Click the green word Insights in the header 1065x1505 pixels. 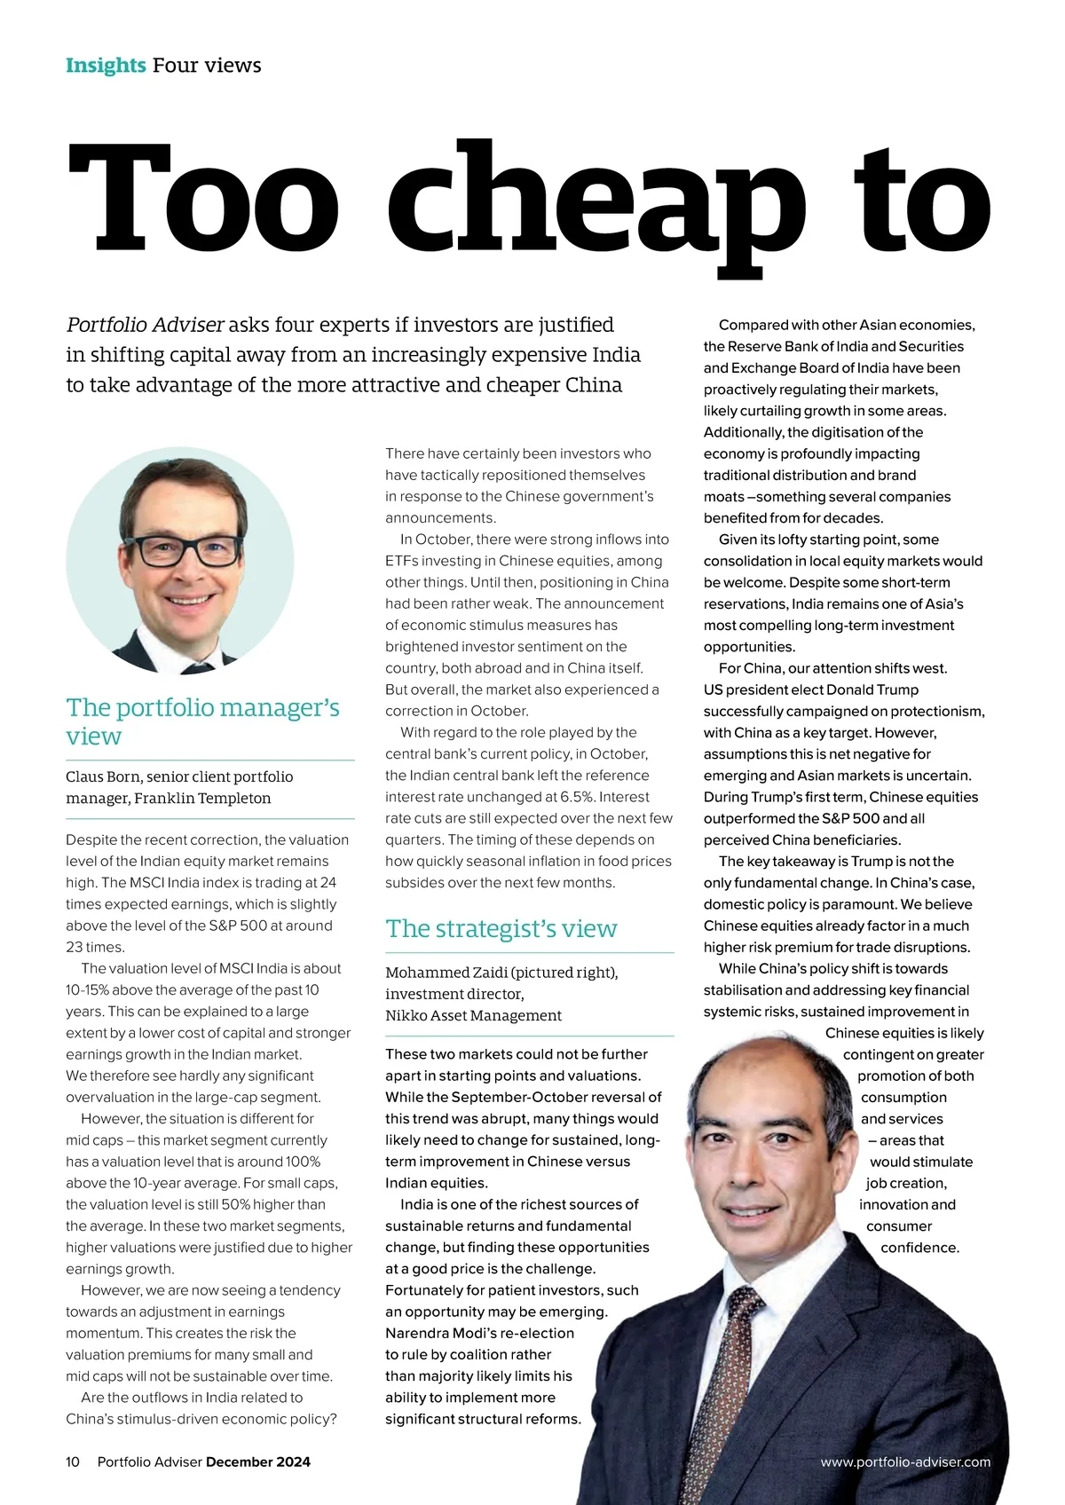106,66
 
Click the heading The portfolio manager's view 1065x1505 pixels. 202,721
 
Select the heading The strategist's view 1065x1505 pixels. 501,929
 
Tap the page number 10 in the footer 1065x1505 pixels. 73,1462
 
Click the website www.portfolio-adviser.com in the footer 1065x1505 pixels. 905,1462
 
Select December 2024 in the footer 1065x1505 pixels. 258,1462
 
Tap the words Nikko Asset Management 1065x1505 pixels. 473,1015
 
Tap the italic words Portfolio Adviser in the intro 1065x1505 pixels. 145,325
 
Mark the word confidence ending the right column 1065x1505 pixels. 919,1248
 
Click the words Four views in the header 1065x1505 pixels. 207,66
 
